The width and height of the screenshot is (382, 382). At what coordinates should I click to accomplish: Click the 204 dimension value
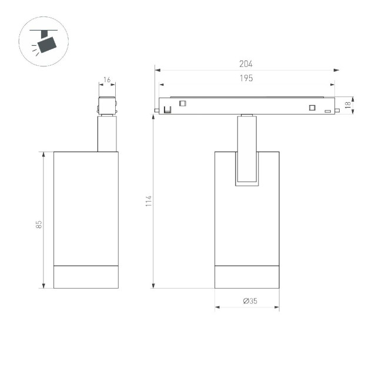pyautogui.click(x=246, y=64)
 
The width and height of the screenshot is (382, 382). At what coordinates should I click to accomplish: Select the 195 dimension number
pyautogui.click(x=246, y=78)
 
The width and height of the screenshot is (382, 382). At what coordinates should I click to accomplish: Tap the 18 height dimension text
pyautogui.click(x=348, y=105)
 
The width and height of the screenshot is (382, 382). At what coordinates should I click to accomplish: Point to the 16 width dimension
pyautogui.click(x=106, y=79)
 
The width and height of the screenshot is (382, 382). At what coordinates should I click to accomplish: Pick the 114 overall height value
pyautogui.click(x=149, y=200)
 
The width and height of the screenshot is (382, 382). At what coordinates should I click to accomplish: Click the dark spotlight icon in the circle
pyautogui.click(x=45, y=42)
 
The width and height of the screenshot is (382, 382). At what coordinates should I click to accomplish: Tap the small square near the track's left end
pyautogui.click(x=182, y=103)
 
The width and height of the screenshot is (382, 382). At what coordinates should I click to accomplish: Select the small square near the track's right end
pyautogui.click(x=312, y=107)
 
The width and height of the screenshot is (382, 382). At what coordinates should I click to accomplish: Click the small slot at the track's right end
pyautogui.click(x=327, y=110)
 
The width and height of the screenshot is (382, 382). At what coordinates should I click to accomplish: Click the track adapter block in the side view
pyautogui.click(x=106, y=106)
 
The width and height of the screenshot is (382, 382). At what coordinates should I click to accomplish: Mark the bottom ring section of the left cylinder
pyautogui.click(x=86, y=277)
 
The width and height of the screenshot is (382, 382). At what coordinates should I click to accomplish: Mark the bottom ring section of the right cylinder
pyautogui.click(x=247, y=277)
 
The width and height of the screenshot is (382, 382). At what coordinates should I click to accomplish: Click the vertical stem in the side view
pyautogui.click(x=106, y=134)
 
